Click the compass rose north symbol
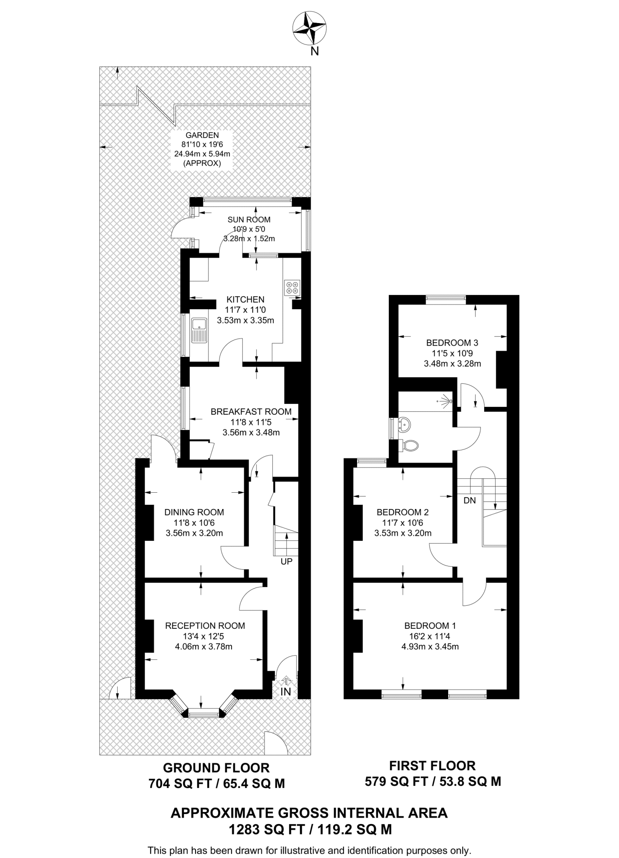click(x=309, y=28)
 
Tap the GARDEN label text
click(x=202, y=135)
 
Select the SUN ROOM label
click(x=249, y=220)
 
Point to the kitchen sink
click(x=199, y=330)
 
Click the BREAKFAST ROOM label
click(x=251, y=411)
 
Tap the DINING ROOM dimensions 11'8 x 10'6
click(x=194, y=523)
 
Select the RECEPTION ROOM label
click(x=205, y=625)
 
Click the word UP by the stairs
click(x=286, y=561)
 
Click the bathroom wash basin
click(x=405, y=424)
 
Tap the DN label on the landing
click(x=470, y=500)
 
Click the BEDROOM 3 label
click(x=452, y=343)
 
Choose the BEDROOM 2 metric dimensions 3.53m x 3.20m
click(x=403, y=533)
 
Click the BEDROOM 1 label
click(x=430, y=625)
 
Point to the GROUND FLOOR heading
click(x=216, y=768)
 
